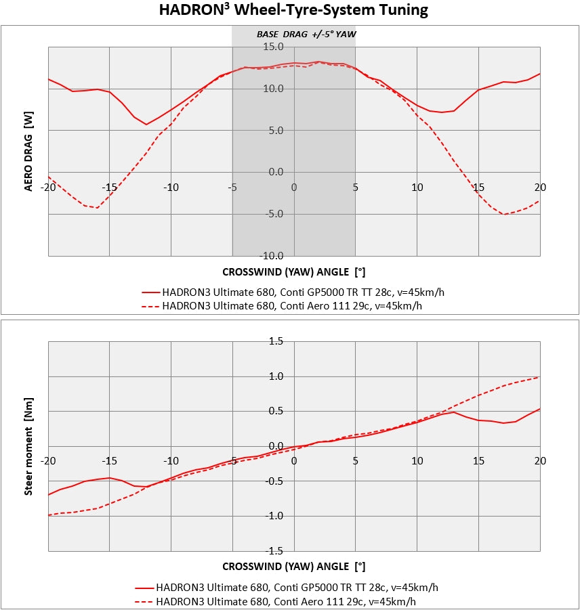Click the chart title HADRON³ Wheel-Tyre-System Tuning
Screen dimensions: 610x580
pyautogui.click(x=293, y=10)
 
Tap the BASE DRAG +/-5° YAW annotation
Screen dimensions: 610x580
pyautogui.click(x=306, y=34)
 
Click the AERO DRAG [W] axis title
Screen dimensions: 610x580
pyautogui.click(x=28, y=151)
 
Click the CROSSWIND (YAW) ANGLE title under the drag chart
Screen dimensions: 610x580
pyautogui.click(x=293, y=271)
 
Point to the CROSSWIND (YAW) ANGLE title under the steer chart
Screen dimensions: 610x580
pyautogui.click(x=293, y=566)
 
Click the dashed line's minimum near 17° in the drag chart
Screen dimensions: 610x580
pyautogui.click(x=504, y=215)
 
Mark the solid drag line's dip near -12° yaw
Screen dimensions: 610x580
pyautogui.click(x=146, y=125)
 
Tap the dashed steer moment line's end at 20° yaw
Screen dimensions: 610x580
pyautogui.click(x=539, y=376)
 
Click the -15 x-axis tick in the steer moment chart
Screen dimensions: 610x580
pyautogui.click(x=109, y=461)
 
